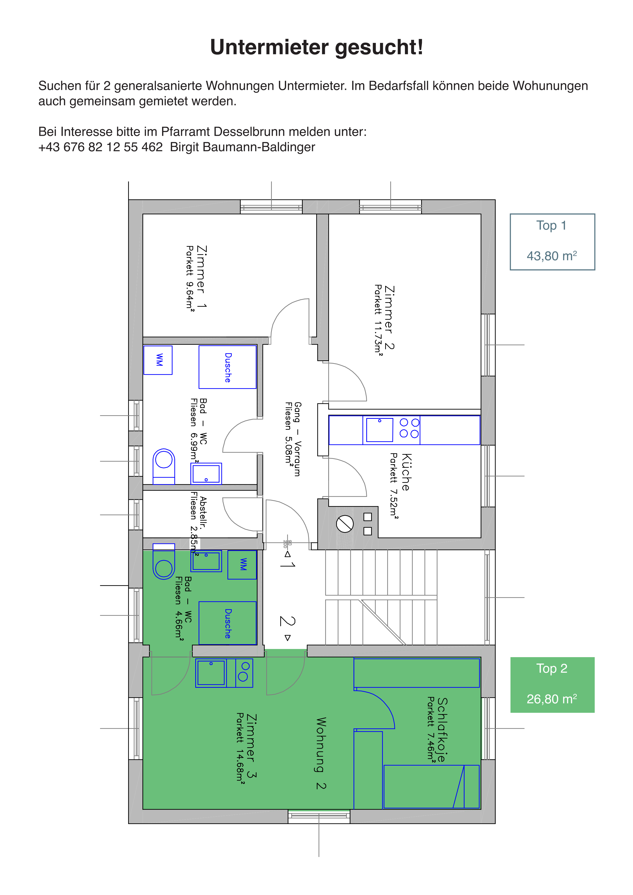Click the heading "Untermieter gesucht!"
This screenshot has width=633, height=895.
coord(316,47)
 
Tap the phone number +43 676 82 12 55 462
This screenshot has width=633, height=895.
coord(101,147)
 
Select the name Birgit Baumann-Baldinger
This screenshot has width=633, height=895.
coord(242,147)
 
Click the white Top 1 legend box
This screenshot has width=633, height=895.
coord(552,242)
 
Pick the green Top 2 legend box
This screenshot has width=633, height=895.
coord(552,685)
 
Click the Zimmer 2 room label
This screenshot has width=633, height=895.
coord(389,318)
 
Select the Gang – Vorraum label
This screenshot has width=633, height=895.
coord(297,439)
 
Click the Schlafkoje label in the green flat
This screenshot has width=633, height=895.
coord(442,729)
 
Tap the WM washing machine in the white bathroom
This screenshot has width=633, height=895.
coord(158,360)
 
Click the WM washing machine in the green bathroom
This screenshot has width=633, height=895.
coord(242,565)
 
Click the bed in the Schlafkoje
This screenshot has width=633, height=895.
coord(431,787)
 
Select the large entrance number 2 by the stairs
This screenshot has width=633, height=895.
coord(287,621)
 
